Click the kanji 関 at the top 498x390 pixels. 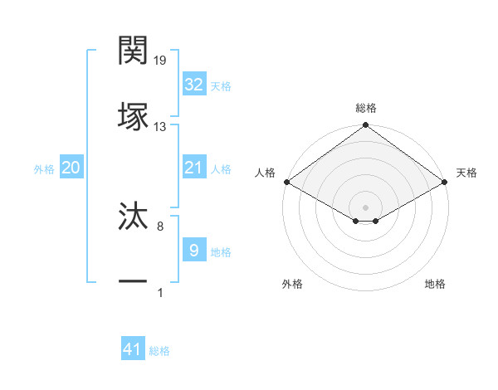(134, 51)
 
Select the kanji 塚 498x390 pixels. (134, 117)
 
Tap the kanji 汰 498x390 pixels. (134, 217)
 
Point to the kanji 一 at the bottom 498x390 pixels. (134, 283)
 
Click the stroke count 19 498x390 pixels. (159, 61)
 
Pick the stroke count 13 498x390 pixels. (159, 127)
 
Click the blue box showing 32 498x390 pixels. (193, 85)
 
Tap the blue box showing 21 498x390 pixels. (193, 168)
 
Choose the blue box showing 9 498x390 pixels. (193, 251)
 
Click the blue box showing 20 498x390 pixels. (71, 168)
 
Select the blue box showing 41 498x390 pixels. (133, 350)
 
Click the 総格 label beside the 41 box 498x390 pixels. (159, 351)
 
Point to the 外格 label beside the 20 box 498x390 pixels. (44, 168)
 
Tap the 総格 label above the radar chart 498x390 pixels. (365, 108)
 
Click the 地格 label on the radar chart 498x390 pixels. (435, 285)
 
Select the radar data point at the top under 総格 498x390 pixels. (365, 126)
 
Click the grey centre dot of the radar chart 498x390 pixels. (365, 206)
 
